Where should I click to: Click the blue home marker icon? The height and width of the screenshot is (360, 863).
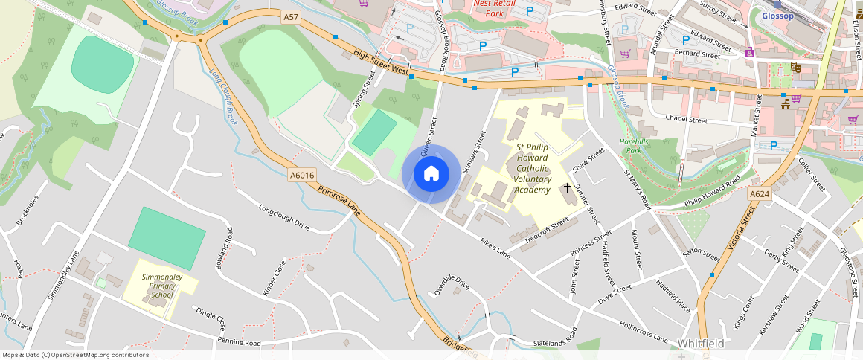(431, 174)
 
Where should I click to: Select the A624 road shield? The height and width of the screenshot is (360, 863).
(759, 193)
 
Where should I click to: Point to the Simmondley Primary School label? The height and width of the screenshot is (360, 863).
(162, 286)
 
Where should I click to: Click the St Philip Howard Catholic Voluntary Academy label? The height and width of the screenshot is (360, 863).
(533, 169)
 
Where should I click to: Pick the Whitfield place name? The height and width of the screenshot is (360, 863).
(701, 344)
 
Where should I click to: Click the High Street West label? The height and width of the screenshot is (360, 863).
(382, 62)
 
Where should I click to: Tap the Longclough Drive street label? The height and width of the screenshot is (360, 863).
(283, 216)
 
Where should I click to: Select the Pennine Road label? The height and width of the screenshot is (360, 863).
(239, 343)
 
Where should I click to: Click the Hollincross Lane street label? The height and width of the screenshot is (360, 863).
(643, 331)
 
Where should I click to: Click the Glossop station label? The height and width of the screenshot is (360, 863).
(778, 16)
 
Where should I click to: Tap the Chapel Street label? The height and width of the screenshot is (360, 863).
(686, 119)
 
